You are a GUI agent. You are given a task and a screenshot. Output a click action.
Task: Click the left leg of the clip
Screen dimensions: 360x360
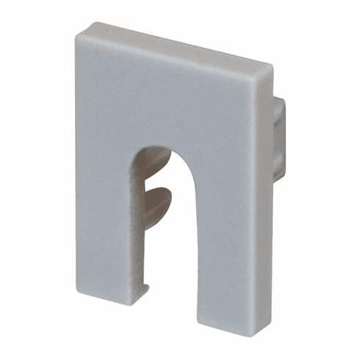(103, 220)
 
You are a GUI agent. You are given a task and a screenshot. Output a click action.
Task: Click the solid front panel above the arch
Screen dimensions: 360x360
(169, 96)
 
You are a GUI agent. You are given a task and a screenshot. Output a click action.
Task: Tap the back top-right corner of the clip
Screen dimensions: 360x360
(273, 68)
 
